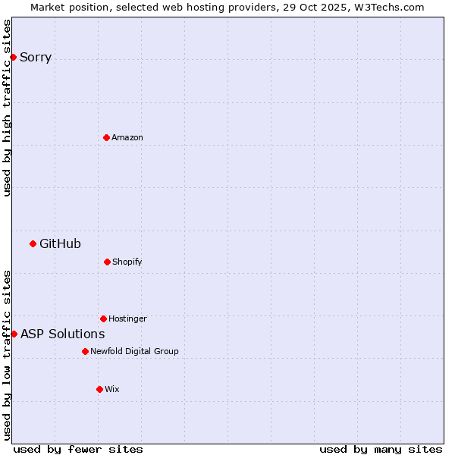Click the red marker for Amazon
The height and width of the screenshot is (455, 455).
coord(106,137)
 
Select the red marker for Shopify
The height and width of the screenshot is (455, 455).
coord(107,262)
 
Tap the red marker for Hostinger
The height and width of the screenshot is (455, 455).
coord(103,318)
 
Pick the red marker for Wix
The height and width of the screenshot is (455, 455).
coord(99,389)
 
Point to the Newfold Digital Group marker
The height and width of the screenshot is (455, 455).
coord(85,351)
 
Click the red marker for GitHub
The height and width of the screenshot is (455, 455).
coord(33,243)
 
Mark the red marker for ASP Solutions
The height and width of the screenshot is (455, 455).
coord(14,334)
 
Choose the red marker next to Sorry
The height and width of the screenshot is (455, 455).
coord(13,57)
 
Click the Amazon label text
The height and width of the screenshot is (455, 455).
coord(127,137)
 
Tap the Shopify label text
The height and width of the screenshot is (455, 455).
coord(127,262)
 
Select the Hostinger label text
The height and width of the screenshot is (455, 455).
coord(127,318)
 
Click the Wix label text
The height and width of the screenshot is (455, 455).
coord(112,389)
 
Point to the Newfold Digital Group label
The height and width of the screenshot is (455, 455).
coord(134,351)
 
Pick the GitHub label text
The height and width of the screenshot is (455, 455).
coord(60,243)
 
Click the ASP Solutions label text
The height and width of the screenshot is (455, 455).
coord(62,334)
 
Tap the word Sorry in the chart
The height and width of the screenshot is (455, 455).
coord(36,57)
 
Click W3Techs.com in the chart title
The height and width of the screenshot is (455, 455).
coord(388,7)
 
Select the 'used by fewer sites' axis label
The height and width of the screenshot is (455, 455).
coord(78,449)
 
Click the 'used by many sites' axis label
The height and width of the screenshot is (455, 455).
coord(381,449)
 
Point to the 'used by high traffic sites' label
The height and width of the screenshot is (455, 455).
coord(7,108)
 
